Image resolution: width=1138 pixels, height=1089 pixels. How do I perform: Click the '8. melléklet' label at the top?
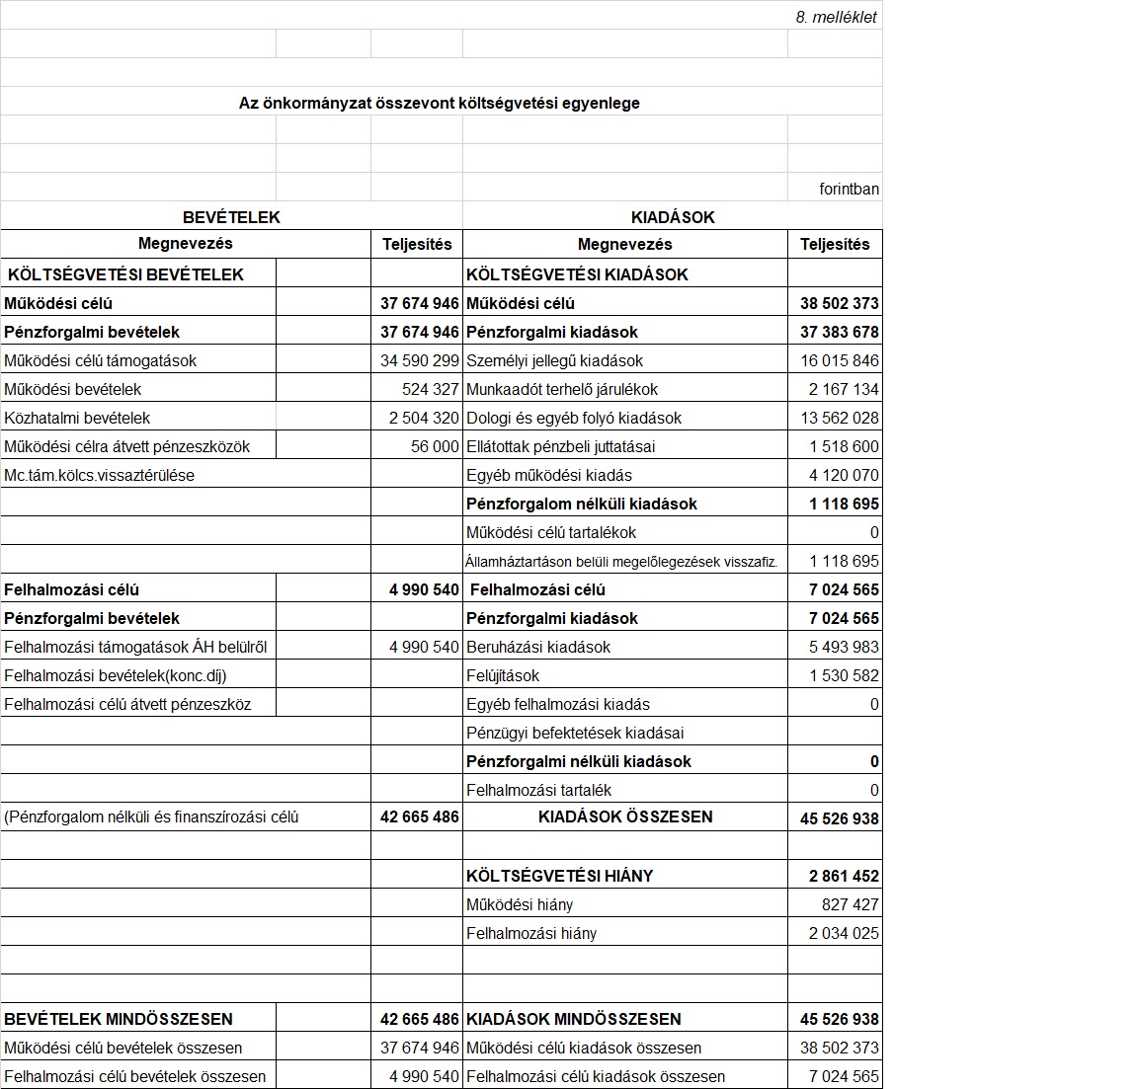coord(836,17)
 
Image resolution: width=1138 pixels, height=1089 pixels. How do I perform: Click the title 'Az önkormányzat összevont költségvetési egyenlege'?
coord(439,103)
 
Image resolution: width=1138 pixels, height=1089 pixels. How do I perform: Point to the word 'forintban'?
coord(849,189)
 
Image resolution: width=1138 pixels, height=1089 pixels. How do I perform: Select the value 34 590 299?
coord(420,360)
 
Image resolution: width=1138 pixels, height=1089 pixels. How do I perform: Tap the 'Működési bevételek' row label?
coord(73,389)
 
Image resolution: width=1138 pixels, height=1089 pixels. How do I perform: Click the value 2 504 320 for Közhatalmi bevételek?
coord(424,418)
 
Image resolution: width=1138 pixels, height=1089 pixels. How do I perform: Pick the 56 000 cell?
coord(435,446)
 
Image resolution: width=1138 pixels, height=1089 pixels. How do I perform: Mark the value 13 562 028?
coord(840,418)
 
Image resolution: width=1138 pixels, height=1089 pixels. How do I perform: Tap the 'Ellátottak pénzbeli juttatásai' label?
coord(560,446)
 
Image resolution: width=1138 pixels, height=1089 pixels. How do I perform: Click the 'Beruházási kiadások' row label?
coord(538,647)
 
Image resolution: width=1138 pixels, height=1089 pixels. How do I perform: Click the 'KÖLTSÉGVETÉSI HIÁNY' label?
coord(559,876)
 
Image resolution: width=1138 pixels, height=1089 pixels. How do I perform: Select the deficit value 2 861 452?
coord(844,876)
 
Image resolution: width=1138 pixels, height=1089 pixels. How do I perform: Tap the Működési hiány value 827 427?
coord(850,904)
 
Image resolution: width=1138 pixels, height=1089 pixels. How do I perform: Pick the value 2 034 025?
coord(844,933)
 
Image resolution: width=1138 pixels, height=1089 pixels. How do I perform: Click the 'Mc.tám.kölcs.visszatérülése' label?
coord(99,475)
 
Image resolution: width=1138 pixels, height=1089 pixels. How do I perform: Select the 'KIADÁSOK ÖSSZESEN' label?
coord(625,817)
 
